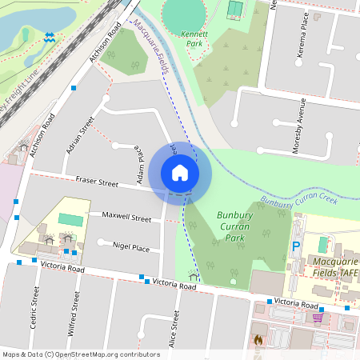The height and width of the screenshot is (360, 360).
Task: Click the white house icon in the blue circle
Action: pos(180,172)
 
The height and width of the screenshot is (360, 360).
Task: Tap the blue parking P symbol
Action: pos(295,248)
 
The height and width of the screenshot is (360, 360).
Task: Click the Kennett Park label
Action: pos(194,39)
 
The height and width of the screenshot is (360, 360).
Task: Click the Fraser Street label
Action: pos(96,183)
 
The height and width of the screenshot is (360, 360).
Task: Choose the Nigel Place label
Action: pos(131,248)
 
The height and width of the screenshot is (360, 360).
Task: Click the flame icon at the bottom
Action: pos(258,340)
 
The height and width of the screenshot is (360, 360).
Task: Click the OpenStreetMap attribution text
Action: pos(81,354)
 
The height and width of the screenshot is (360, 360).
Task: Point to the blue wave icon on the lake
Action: pos(50,37)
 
